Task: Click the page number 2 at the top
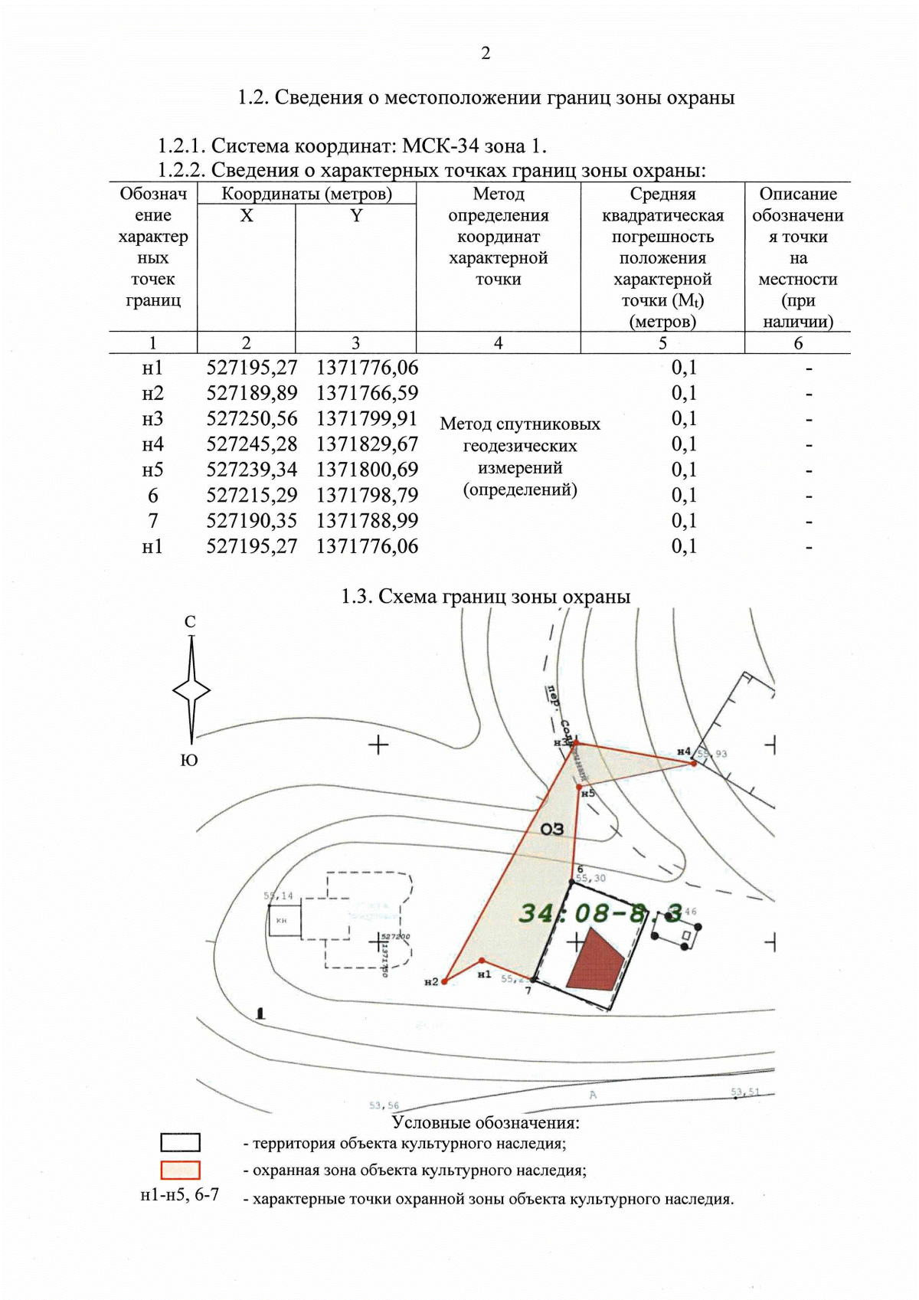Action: point(486,54)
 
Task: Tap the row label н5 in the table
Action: point(153,470)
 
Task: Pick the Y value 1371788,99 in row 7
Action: point(367,521)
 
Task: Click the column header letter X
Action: point(246,216)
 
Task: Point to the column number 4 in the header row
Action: point(498,343)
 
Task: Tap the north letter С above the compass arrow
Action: point(190,622)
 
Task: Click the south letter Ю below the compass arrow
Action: point(189,760)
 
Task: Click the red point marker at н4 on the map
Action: point(694,763)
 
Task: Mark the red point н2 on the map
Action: point(444,981)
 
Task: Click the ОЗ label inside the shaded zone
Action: point(551,829)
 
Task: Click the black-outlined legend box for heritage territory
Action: point(180,1143)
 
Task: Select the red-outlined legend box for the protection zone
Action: point(180,1171)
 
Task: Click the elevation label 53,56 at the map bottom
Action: point(384,1105)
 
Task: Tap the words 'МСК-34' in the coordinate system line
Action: point(441,146)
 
